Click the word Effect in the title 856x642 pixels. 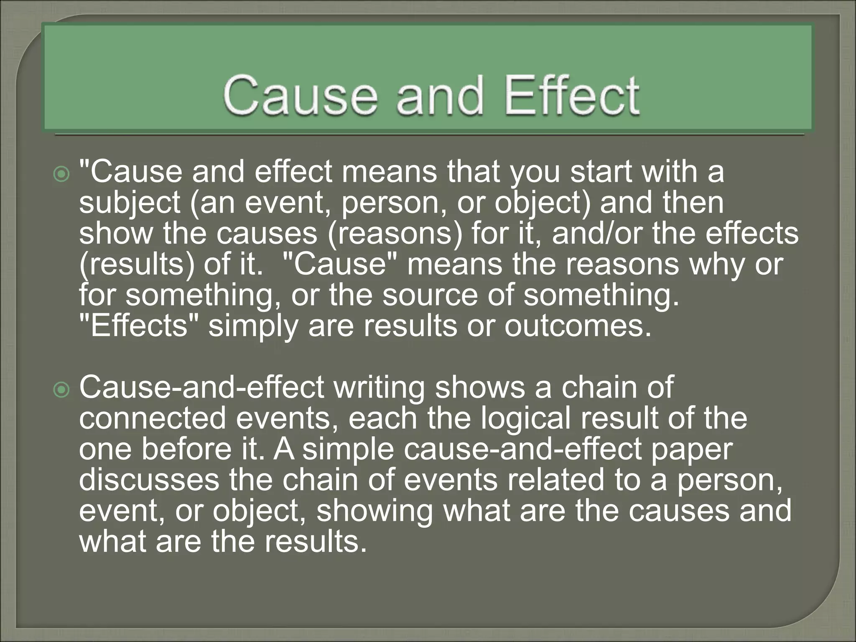click(x=572, y=96)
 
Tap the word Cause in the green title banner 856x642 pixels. click(x=300, y=96)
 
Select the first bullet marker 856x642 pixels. click(x=61, y=174)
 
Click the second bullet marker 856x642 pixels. click(x=61, y=390)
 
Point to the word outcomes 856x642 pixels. click(x=578, y=326)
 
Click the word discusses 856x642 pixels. click(x=149, y=480)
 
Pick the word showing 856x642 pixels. click(x=374, y=511)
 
